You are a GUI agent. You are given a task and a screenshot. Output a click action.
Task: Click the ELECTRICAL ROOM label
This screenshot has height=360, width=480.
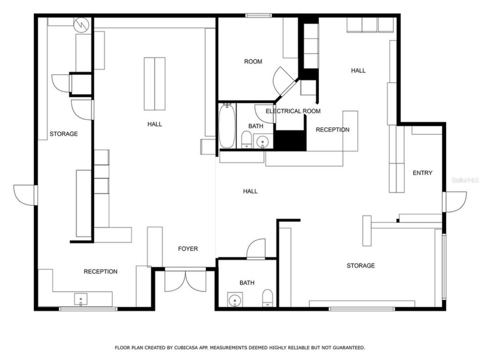pyautogui.click(x=293, y=111)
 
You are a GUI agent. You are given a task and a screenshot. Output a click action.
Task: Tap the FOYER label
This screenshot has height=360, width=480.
pyautogui.click(x=188, y=249)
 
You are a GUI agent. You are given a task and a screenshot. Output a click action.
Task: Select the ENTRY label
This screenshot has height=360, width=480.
pyautogui.click(x=422, y=173)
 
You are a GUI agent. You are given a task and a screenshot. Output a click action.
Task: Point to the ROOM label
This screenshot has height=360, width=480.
pyautogui.click(x=253, y=61)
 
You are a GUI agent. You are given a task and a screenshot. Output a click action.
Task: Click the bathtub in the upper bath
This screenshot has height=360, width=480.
pyautogui.click(x=227, y=125)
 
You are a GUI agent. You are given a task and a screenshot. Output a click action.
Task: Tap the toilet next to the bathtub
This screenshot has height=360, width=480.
pyautogui.click(x=246, y=139)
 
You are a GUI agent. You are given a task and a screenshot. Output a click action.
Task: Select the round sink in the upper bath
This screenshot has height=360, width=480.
pyautogui.click(x=263, y=140)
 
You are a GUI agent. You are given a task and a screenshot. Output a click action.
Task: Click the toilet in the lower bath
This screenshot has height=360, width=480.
pyautogui.click(x=267, y=297)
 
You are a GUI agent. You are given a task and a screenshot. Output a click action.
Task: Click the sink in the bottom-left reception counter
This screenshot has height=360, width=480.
pyautogui.click(x=81, y=299)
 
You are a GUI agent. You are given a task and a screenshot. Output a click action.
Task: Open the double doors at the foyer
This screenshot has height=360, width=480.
pyautogui.click(x=185, y=280)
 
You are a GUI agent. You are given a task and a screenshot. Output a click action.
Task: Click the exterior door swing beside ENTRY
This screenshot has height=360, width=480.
pyautogui.click(x=455, y=202)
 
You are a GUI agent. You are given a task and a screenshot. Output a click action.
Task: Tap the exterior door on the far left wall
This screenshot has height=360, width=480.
pyautogui.click(x=25, y=195)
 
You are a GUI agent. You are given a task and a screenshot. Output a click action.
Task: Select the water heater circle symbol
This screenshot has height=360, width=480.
pyautogui.click(x=81, y=25)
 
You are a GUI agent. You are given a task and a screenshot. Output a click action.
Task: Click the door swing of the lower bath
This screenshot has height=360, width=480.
pyautogui.click(x=255, y=249)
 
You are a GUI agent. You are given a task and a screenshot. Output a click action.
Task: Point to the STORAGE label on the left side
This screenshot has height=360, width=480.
pyautogui.click(x=63, y=134)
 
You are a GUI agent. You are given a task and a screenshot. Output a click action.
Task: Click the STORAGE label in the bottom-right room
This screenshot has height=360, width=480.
pyautogui.click(x=361, y=266)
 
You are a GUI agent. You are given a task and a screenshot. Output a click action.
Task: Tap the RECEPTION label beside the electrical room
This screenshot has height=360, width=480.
pyautogui.click(x=333, y=130)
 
